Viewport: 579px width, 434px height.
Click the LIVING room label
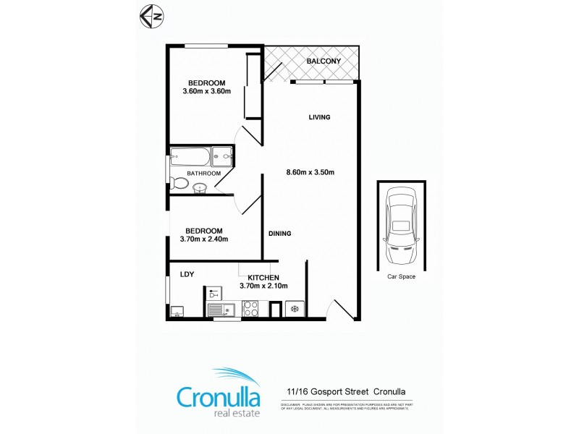(319, 117)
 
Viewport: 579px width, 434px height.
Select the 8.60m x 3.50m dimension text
(310, 172)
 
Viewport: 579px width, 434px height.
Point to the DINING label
(279, 234)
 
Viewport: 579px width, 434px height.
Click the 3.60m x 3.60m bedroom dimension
(206, 92)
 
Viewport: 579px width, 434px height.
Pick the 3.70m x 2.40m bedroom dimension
(204, 239)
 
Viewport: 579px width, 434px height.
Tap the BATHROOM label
(203, 174)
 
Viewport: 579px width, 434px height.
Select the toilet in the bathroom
(179, 184)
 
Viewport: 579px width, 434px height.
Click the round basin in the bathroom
(200, 187)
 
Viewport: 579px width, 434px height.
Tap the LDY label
(187, 273)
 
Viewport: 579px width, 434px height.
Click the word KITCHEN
(263, 278)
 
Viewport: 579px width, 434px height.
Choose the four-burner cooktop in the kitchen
(251, 310)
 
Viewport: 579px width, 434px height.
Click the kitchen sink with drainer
(220, 310)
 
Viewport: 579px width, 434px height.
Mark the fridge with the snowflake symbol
(294, 310)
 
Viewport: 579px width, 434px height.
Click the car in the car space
(400, 226)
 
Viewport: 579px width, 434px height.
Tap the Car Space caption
(400, 276)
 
